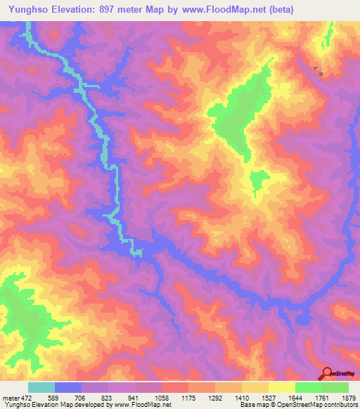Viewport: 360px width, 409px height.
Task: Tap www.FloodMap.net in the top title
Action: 217,10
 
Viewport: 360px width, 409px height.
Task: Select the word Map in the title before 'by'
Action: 153,10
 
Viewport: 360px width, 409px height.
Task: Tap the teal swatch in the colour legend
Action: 41,387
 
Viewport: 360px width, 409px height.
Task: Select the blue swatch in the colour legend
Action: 68,387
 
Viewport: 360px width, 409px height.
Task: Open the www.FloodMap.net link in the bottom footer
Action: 138,405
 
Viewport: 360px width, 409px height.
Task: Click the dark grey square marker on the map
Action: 321,72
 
